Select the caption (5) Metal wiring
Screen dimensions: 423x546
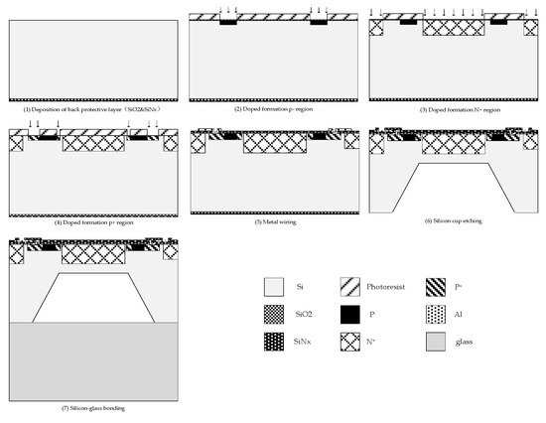click(x=271, y=222)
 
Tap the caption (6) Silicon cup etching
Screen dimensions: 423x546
click(x=450, y=222)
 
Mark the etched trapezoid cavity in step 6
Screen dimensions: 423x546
click(x=451, y=186)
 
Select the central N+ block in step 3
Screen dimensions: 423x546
click(x=451, y=28)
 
